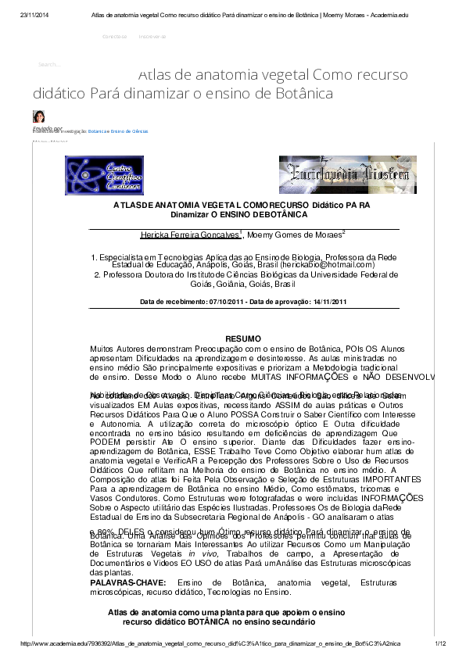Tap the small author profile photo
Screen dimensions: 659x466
38,116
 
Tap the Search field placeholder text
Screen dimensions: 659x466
49,64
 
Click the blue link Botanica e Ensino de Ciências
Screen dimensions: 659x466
117,132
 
